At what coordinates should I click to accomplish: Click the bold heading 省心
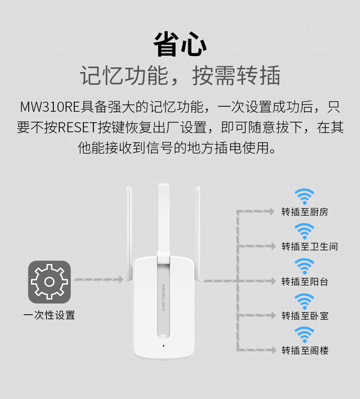(x=180, y=45)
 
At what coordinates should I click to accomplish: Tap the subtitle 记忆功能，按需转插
(x=180, y=76)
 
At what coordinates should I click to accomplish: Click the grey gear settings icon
(x=49, y=282)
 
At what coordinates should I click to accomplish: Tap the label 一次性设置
(x=49, y=315)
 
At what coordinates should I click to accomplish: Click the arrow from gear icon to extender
(x=98, y=279)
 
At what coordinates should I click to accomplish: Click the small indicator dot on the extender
(x=163, y=345)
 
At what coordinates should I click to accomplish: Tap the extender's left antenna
(x=130, y=233)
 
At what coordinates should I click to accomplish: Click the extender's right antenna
(x=197, y=233)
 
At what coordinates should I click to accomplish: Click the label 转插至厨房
(x=304, y=212)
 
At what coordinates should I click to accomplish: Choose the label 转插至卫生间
(x=309, y=247)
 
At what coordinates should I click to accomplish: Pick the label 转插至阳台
(x=304, y=281)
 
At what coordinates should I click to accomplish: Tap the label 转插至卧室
(x=304, y=316)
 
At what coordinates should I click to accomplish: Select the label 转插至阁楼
(x=304, y=350)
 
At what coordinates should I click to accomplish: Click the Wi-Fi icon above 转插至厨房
(x=304, y=197)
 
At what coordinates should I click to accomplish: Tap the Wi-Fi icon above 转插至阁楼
(x=304, y=335)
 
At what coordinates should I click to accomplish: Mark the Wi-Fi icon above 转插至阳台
(x=304, y=266)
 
